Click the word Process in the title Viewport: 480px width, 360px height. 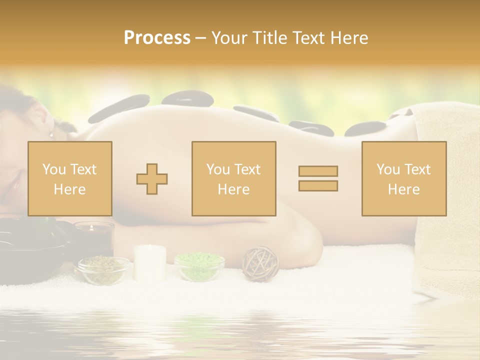[x=157, y=38]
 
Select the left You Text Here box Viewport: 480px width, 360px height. [x=70, y=178]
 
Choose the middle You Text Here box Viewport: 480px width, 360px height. [x=234, y=178]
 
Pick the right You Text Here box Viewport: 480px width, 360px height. [x=404, y=178]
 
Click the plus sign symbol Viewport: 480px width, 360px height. [x=152, y=178]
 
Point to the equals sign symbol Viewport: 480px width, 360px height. [x=318, y=178]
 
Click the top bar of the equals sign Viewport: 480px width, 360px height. [x=318, y=171]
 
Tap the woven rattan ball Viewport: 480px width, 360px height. [x=260, y=263]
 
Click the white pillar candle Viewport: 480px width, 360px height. [x=150, y=262]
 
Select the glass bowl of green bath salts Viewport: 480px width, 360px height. [x=199, y=266]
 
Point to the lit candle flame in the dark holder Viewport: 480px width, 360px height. [x=91, y=227]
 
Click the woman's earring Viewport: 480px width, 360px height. [x=50, y=134]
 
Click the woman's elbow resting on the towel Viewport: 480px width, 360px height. [x=305, y=240]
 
